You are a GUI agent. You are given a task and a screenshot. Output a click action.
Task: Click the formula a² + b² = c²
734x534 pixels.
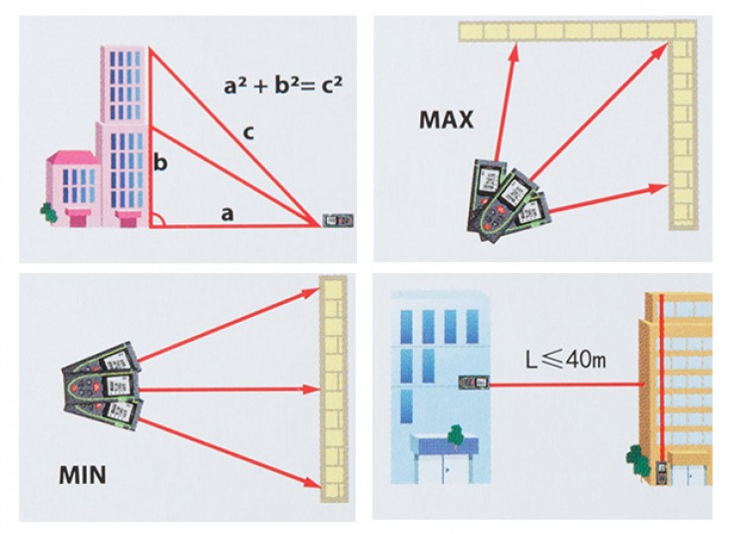(x=282, y=86)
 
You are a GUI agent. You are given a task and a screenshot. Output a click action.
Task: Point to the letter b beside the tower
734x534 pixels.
(x=160, y=160)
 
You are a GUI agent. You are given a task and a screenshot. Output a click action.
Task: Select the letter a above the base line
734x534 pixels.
(x=227, y=211)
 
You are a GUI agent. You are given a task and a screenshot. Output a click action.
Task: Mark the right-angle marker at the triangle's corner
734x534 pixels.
(x=157, y=220)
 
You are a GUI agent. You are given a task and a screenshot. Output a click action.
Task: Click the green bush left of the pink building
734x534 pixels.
(x=45, y=212)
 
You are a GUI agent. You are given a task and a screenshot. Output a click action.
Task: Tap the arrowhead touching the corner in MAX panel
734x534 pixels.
(x=665, y=47)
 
